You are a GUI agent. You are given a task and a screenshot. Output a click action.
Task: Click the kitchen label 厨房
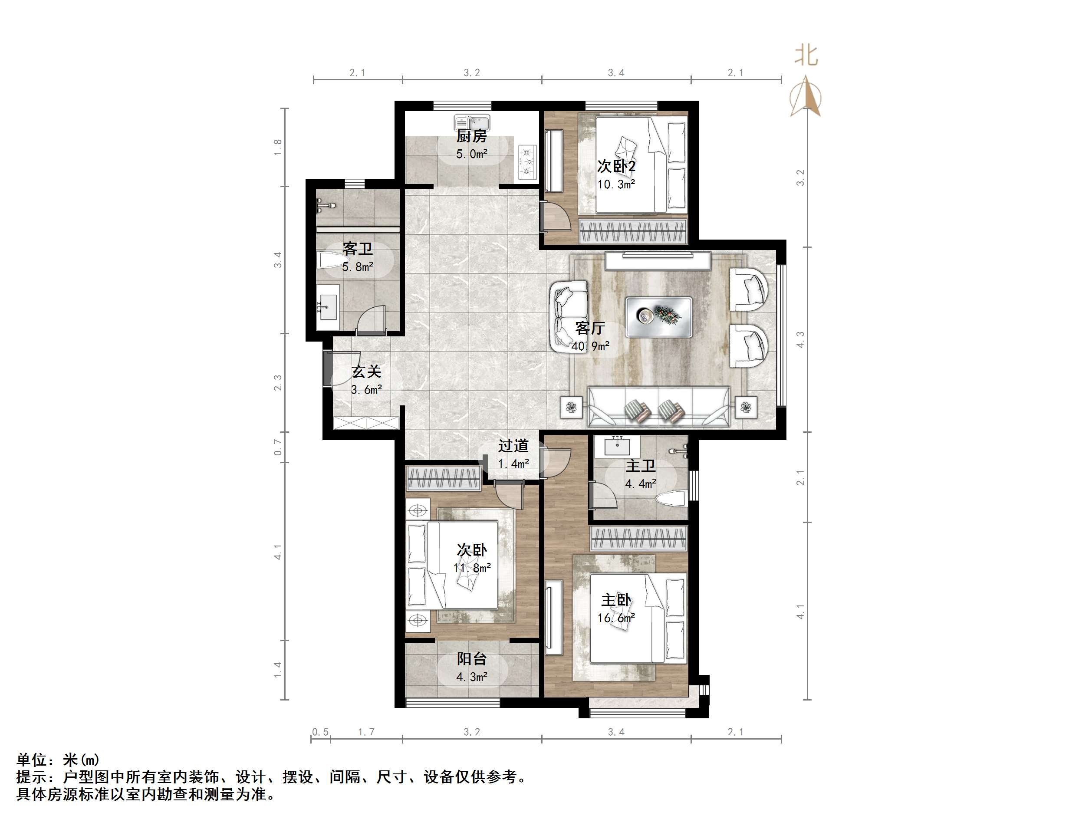[x=471, y=136]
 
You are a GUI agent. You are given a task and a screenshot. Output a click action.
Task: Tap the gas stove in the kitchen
[x=528, y=161]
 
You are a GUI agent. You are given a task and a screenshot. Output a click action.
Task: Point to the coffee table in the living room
[x=658, y=317]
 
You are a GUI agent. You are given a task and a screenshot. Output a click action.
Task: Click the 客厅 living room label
[x=590, y=328]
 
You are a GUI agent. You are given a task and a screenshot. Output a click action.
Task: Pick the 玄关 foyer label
[x=366, y=372]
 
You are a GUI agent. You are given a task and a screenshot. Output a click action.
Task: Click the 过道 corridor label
[x=513, y=446]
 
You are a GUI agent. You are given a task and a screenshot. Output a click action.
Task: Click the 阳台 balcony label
[x=471, y=659]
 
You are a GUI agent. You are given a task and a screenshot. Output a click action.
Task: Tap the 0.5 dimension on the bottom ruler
[x=320, y=732]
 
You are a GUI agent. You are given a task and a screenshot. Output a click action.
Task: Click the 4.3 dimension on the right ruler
[x=800, y=340]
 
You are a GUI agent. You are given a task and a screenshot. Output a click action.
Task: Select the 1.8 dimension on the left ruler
[x=278, y=147]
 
